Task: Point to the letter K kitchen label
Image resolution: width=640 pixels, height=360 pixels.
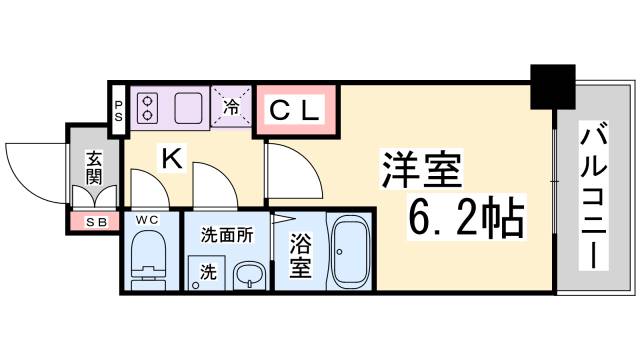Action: pyautogui.click(x=172, y=156)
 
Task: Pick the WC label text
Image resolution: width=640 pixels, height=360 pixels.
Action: pyautogui.click(x=147, y=219)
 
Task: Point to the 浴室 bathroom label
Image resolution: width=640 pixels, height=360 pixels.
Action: pyautogui.click(x=300, y=254)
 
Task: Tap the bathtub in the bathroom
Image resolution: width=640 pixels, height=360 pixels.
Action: pyautogui.click(x=351, y=251)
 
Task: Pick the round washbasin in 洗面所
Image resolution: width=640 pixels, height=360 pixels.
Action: pyautogui.click(x=245, y=275)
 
